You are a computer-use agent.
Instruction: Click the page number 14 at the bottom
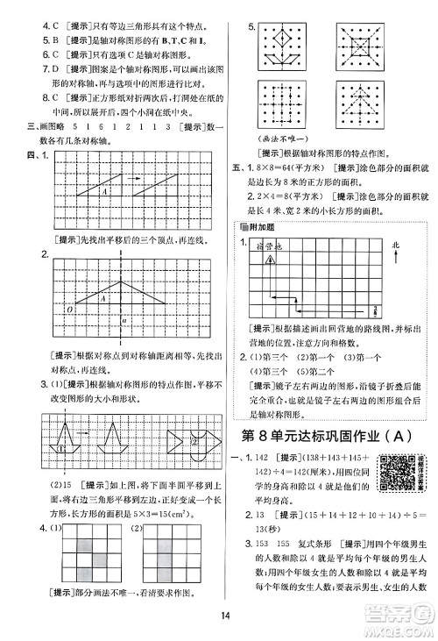click(218, 626)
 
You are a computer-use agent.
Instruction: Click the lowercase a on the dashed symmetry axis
click(126, 321)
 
